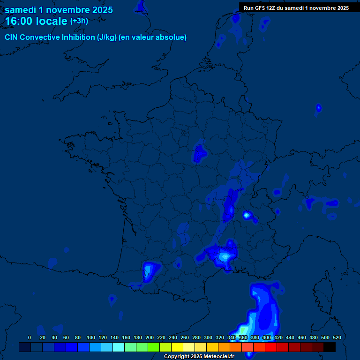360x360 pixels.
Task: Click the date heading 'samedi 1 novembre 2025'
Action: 59,10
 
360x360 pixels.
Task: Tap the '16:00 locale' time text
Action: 36,21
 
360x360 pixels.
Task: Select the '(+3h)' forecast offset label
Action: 79,21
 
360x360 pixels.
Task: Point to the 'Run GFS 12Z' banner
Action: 296,7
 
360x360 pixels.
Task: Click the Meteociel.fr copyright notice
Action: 199,356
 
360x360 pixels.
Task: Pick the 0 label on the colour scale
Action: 30,337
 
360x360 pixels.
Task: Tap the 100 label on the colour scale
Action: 91,337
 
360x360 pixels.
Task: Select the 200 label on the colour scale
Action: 150,337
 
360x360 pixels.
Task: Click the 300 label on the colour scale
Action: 208,337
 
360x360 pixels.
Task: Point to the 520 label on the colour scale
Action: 337,337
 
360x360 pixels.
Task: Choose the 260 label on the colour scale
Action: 185,337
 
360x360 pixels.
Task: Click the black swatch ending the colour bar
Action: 330,347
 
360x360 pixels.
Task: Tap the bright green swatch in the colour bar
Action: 154,347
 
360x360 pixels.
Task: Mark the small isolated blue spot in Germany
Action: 319,108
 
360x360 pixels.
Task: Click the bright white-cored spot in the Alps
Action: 247,215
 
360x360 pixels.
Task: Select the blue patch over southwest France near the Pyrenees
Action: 150,271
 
